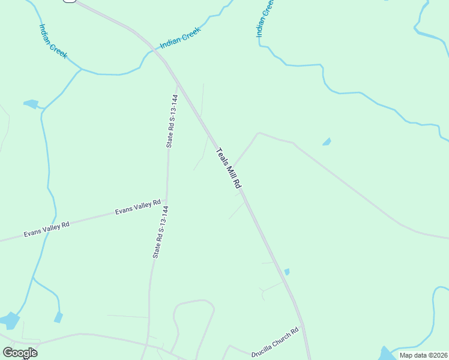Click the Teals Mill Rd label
click(x=228, y=169)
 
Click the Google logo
click(x=20, y=353)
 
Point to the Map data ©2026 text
click(x=423, y=355)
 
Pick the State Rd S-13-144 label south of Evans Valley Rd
click(x=160, y=232)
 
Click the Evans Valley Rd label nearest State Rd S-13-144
click(x=138, y=208)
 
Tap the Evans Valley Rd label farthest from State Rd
click(x=47, y=229)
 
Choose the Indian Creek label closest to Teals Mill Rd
click(x=179, y=40)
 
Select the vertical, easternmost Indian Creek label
click(x=265, y=18)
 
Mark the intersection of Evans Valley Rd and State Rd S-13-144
click(x=166, y=201)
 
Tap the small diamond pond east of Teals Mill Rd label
click(x=326, y=142)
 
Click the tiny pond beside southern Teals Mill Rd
click(x=287, y=272)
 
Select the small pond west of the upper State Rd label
click(x=31, y=104)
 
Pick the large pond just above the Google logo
click(x=10, y=320)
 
